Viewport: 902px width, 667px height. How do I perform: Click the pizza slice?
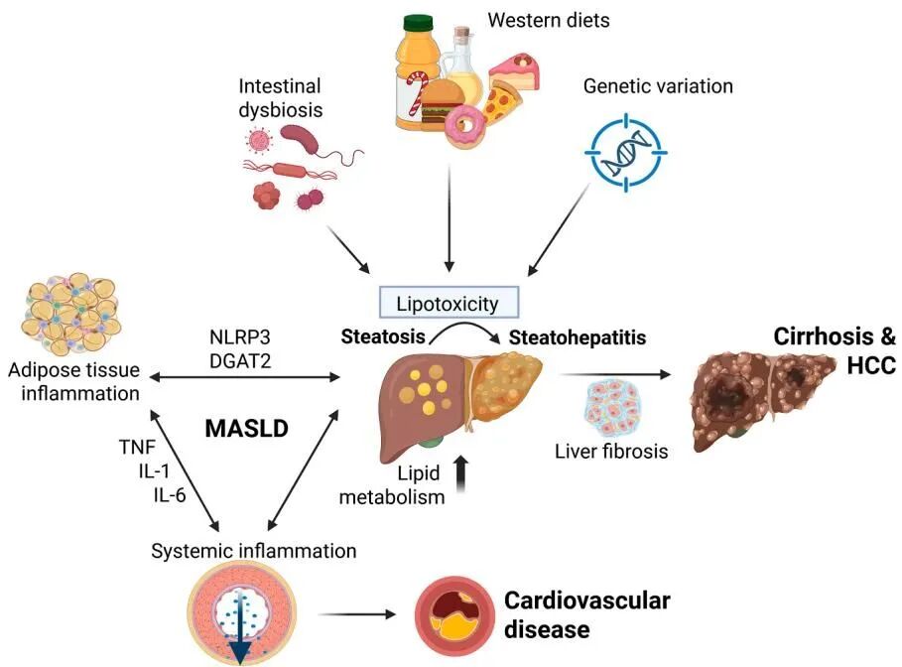pyautogui.click(x=508, y=100)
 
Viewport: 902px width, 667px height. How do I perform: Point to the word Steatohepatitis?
pyautogui.click(x=578, y=338)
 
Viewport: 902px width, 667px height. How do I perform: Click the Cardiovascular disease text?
pyautogui.click(x=586, y=614)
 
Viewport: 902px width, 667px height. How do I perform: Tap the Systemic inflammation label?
pyautogui.click(x=254, y=549)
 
